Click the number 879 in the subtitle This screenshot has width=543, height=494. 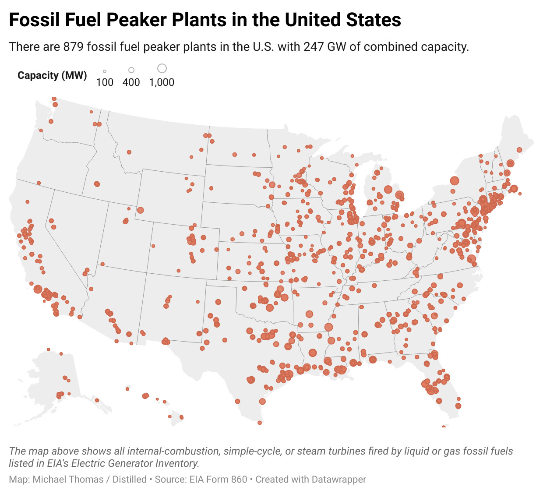73,46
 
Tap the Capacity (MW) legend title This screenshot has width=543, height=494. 52,75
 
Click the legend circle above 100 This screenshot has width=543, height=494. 105,71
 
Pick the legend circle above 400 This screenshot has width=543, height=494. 131,70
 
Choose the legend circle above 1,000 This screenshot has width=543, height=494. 162,68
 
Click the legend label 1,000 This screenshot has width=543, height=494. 162,82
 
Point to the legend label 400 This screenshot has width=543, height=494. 131,82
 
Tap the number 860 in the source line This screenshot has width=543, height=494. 239,480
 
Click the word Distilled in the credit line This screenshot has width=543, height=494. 130,480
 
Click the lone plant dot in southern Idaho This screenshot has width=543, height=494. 97,184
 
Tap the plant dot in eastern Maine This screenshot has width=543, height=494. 519,150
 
